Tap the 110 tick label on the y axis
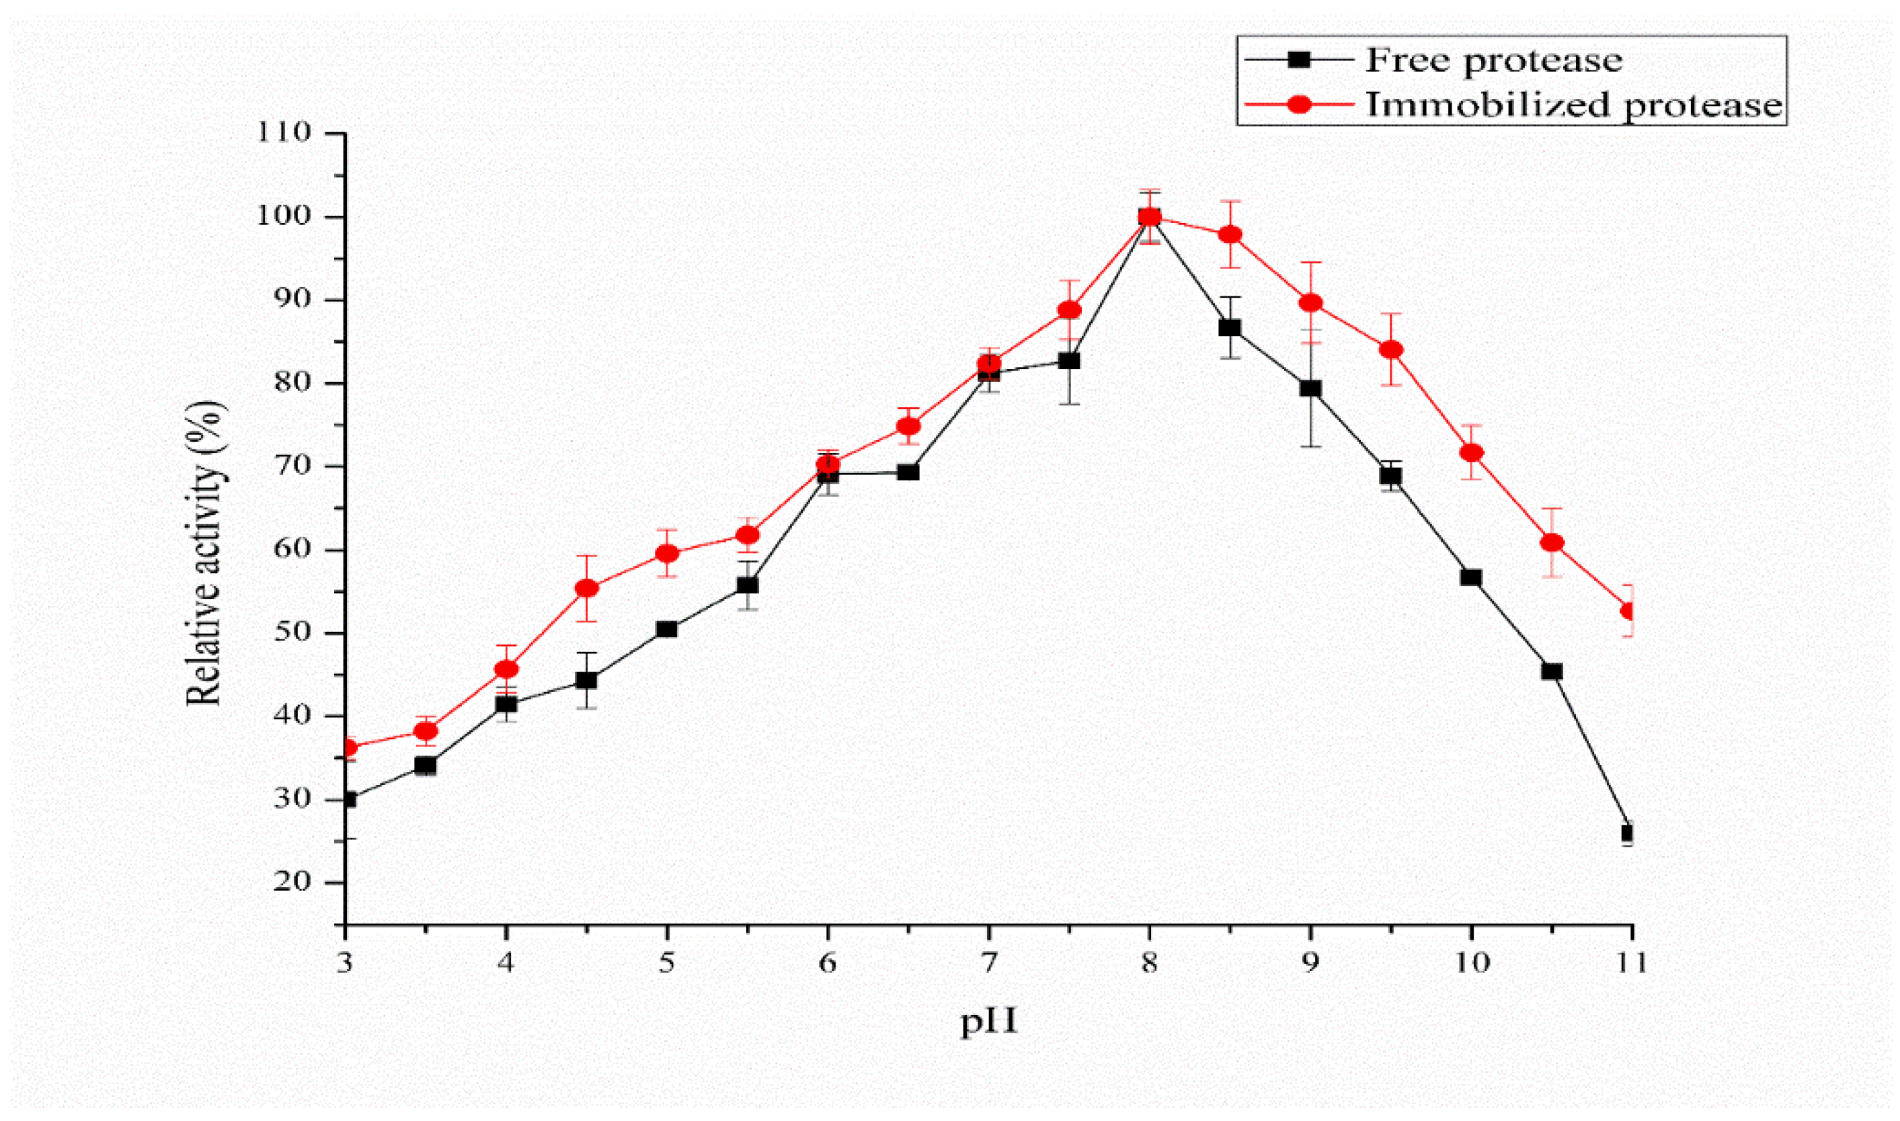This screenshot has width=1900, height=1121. point(284,133)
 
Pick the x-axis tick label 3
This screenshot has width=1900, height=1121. point(346,963)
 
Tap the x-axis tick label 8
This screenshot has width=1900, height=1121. point(1149,963)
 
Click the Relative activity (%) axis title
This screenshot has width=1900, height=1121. point(204,553)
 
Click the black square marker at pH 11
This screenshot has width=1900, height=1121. point(1627,833)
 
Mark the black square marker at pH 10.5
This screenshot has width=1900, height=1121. point(1552,671)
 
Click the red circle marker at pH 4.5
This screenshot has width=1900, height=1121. point(587,587)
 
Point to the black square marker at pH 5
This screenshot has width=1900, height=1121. point(667,628)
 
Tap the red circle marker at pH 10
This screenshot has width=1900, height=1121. point(1472,452)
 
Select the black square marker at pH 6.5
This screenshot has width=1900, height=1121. point(909,472)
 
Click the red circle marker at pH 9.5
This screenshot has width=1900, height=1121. point(1391,349)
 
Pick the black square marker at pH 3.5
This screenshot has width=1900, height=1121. point(426,766)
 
